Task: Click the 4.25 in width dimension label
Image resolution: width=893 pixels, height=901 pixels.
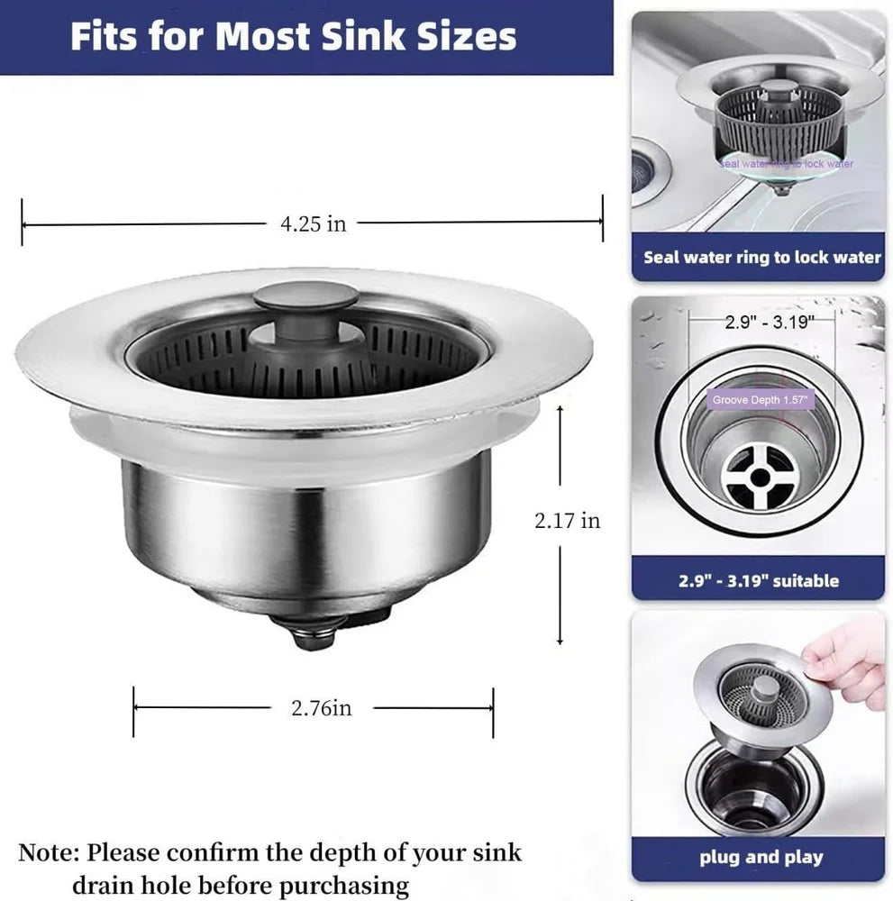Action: click(312, 224)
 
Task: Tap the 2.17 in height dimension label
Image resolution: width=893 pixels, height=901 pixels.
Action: click(567, 520)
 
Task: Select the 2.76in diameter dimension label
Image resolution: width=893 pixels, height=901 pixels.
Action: click(321, 708)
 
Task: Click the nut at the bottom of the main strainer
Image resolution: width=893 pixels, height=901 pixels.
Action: click(314, 637)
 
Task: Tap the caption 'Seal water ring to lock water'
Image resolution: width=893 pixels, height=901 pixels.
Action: click(761, 257)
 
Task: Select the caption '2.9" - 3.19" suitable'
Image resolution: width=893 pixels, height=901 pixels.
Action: click(758, 580)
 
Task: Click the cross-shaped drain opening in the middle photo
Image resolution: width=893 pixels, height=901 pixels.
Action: click(761, 475)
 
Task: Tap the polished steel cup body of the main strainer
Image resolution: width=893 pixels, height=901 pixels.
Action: click(306, 532)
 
